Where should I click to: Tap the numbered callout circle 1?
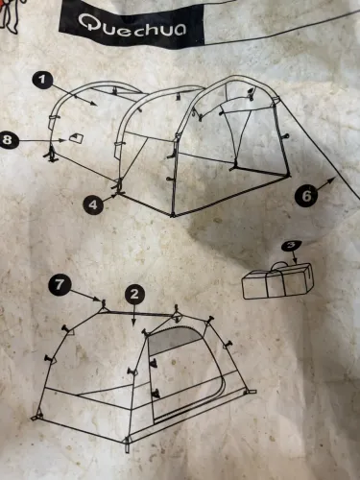click(x=42, y=80)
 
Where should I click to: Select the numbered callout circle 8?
click(x=7, y=140)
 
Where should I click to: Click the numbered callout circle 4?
click(x=93, y=204)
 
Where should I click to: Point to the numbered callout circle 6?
click(x=306, y=195)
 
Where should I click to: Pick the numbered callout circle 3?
click(x=291, y=246)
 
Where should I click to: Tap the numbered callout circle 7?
click(x=59, y=284)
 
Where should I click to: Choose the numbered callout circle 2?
click(x=134, y=294)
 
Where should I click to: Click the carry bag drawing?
click(x=277, y=280)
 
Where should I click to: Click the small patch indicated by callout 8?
click(x=76, y=138)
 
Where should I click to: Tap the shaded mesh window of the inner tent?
click(x=175, y=341)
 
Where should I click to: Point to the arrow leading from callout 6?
click(x=325, y=184)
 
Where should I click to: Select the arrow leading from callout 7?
click(x=85, y=296)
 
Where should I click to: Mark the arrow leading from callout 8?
click(x=42, y=140)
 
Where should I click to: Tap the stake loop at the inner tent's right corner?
click(x=251, y=392)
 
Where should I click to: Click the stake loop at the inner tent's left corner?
click(x=36, y=416)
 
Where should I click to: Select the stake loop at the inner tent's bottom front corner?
click(x=128, y=444)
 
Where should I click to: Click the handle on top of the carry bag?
click(x=278, y=266)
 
